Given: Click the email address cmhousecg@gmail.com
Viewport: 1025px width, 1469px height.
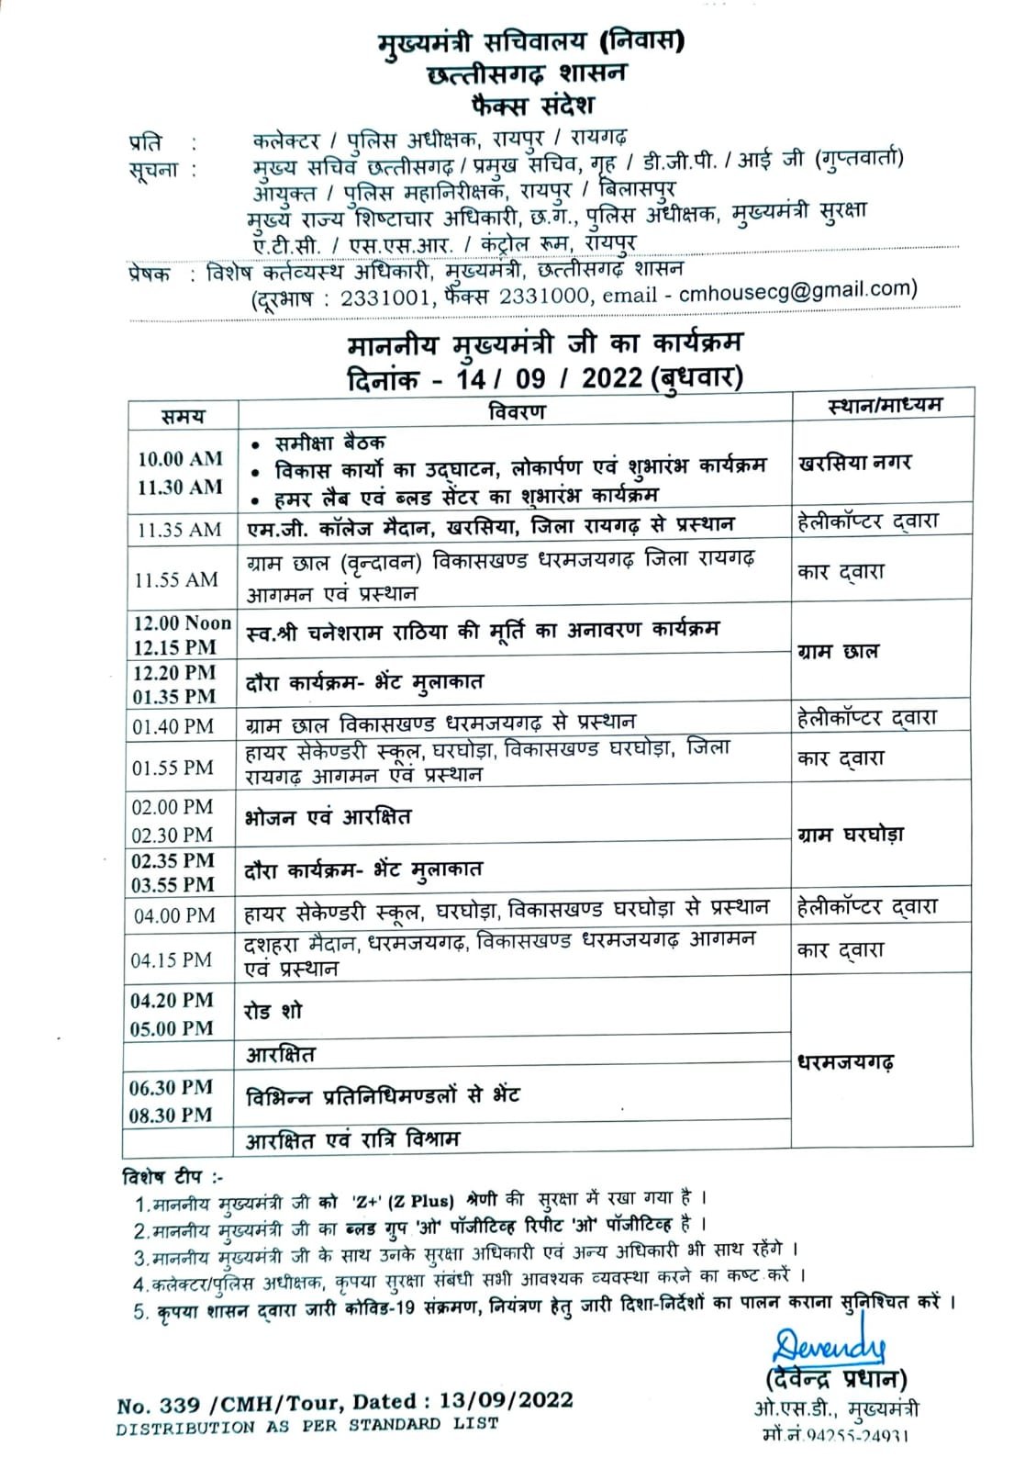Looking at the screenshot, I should (797, 289).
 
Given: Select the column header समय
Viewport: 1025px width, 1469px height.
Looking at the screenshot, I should (183, 417).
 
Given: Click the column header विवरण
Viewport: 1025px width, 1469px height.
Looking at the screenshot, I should (517, 411).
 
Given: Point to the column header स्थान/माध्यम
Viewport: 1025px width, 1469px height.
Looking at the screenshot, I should (884, 405).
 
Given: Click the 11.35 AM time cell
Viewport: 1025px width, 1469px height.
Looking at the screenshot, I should (180, 530).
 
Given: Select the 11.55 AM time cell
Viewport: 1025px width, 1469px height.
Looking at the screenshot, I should (176, 579).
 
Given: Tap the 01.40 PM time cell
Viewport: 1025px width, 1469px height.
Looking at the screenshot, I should (173, 726).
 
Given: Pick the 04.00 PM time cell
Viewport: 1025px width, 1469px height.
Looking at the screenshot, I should (174, 915).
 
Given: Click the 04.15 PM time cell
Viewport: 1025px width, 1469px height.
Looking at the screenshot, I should (172, 960).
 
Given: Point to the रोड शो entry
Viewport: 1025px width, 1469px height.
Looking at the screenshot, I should (273, 1012).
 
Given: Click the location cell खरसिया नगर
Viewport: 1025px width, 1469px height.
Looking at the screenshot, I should (855, 463).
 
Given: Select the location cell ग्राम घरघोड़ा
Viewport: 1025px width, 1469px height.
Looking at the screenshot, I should (851, 835).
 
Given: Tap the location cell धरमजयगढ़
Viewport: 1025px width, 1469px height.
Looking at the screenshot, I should (846, 1062).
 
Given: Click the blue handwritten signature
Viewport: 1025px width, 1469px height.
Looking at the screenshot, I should (828, 1346).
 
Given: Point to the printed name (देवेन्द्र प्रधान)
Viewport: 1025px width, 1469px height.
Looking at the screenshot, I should (835, 1379).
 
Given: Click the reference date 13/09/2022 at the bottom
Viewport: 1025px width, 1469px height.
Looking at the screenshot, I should (507, 1400).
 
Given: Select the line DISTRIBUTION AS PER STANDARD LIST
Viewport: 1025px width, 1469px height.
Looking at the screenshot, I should (307, 1426).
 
